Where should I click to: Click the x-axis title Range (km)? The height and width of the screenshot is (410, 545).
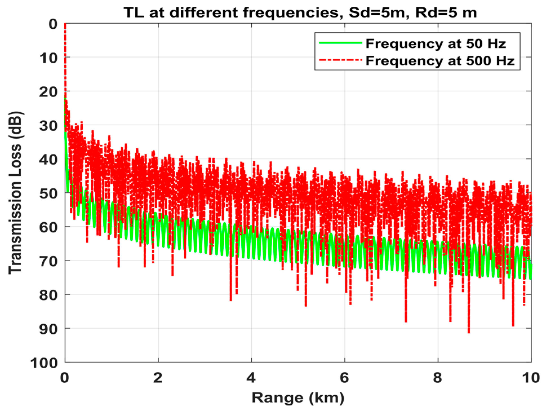click(298, 398)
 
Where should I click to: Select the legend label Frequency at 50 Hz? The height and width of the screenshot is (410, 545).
click(436, 43)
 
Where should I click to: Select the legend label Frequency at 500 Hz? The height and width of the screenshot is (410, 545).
click(440, 60)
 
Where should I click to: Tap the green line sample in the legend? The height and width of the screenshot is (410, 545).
click(340, 43)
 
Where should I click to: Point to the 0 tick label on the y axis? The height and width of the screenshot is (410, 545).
click(53, 24)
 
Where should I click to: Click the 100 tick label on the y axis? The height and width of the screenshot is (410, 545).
click(44, 363)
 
